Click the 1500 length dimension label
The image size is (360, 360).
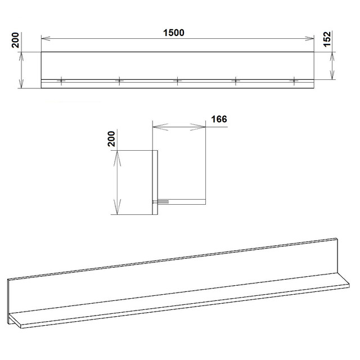tap(174, 33)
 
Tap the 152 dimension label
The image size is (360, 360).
tap(327, 39)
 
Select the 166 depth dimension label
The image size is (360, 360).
tap(219, 119)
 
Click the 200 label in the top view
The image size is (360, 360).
tap(15, 40)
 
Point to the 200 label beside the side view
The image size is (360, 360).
tap(111, 139)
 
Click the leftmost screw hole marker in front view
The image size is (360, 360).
tap(61, 80)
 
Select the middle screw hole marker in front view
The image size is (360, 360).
tap(178, 80)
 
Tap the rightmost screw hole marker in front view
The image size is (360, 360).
tap(294, 80)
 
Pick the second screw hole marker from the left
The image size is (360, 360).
tap(119, 80)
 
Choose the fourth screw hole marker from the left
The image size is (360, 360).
tap(236, 80)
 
